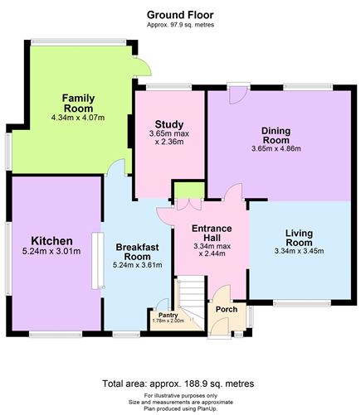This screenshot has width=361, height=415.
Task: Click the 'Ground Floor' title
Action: [x=180, y=14]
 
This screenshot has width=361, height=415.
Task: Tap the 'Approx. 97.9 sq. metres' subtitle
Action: [x=180, y=25]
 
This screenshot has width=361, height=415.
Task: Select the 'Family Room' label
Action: [x=78, y=103]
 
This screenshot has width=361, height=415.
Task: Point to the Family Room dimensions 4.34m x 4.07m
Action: [x=78, y=118]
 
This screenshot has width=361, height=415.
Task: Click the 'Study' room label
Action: [x=169, y=125]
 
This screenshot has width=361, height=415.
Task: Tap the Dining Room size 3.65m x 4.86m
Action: [x=276, y=149]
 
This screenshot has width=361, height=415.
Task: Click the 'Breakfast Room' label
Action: [x=138, y=250]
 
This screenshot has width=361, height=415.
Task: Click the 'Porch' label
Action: [x=226, y=310]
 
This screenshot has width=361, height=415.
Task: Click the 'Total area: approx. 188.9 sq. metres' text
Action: [x=178, y=384]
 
